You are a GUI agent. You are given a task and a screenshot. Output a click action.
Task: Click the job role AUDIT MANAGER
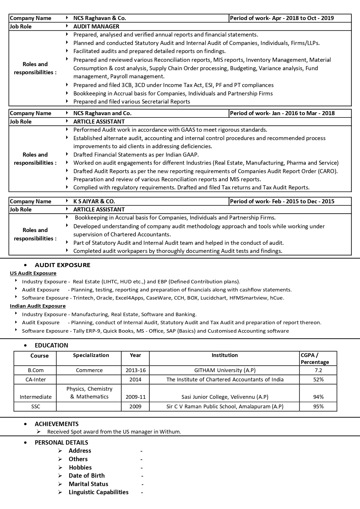tap(96, 26)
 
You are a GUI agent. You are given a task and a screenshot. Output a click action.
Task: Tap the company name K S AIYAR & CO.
tap(94, 201)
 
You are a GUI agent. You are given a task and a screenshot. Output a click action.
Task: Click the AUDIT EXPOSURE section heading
tap(62, 265)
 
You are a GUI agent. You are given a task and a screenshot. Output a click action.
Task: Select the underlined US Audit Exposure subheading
tap(33, 273)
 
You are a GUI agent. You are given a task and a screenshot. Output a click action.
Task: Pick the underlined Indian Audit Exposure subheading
tap(38, 306)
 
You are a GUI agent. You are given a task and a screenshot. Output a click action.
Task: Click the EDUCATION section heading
tap(51, 345)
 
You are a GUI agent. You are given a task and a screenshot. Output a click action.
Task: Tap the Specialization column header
tap(91, 355)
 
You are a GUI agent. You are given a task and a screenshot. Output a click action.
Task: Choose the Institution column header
tap(225, 355)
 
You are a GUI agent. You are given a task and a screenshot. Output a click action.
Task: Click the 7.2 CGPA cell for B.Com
tap(318, 370)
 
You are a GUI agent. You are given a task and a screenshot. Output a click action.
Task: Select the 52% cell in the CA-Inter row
tap(318, 380)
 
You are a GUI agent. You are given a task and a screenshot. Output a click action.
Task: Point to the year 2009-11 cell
tap(135, 397)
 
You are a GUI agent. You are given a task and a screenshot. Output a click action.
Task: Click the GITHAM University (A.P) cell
tap(225, 370)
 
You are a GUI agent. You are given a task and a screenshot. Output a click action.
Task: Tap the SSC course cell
tap(36, 407)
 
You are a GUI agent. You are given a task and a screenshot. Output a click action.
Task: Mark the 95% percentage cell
tap(318, 407)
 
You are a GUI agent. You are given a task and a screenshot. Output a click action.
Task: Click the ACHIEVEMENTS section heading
tap(57, 424)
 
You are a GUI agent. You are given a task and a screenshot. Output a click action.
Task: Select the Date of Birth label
tap(86, 476)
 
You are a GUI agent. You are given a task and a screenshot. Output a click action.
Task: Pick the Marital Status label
tap(88, 484)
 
